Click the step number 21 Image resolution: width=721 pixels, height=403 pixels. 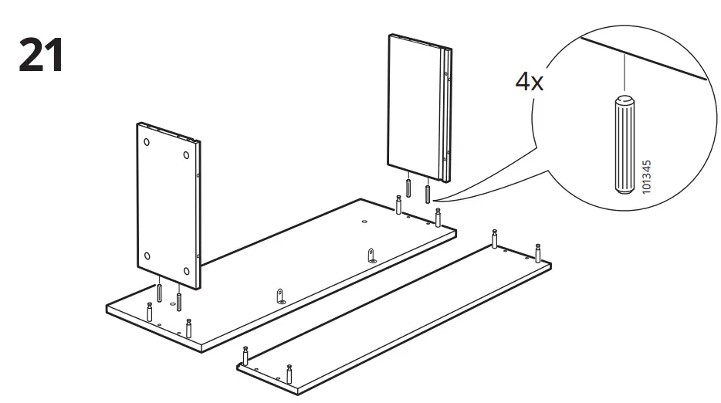(x=40, y=55)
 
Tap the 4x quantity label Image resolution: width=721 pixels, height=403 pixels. (x=530, y=81)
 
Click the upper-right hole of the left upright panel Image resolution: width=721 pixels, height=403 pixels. (x=187, y=155)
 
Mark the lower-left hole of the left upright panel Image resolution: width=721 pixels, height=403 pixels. (x=147, y=256)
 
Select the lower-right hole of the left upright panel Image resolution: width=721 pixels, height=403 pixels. (x=187, y=270)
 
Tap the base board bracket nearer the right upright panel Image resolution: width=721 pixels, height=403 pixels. (x=371, y=255)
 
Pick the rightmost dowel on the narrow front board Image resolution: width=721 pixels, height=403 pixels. (x=539, y=253)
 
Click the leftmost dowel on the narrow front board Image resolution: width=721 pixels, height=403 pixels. (x=245, y=357)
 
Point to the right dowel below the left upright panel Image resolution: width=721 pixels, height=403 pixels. (x=179, y=300)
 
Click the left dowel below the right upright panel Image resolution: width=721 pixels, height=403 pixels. (x=408, y=188)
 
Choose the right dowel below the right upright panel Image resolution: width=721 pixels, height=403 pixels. (x=427, y=192)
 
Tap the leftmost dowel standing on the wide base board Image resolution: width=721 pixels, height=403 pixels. (x=149, y=311)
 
